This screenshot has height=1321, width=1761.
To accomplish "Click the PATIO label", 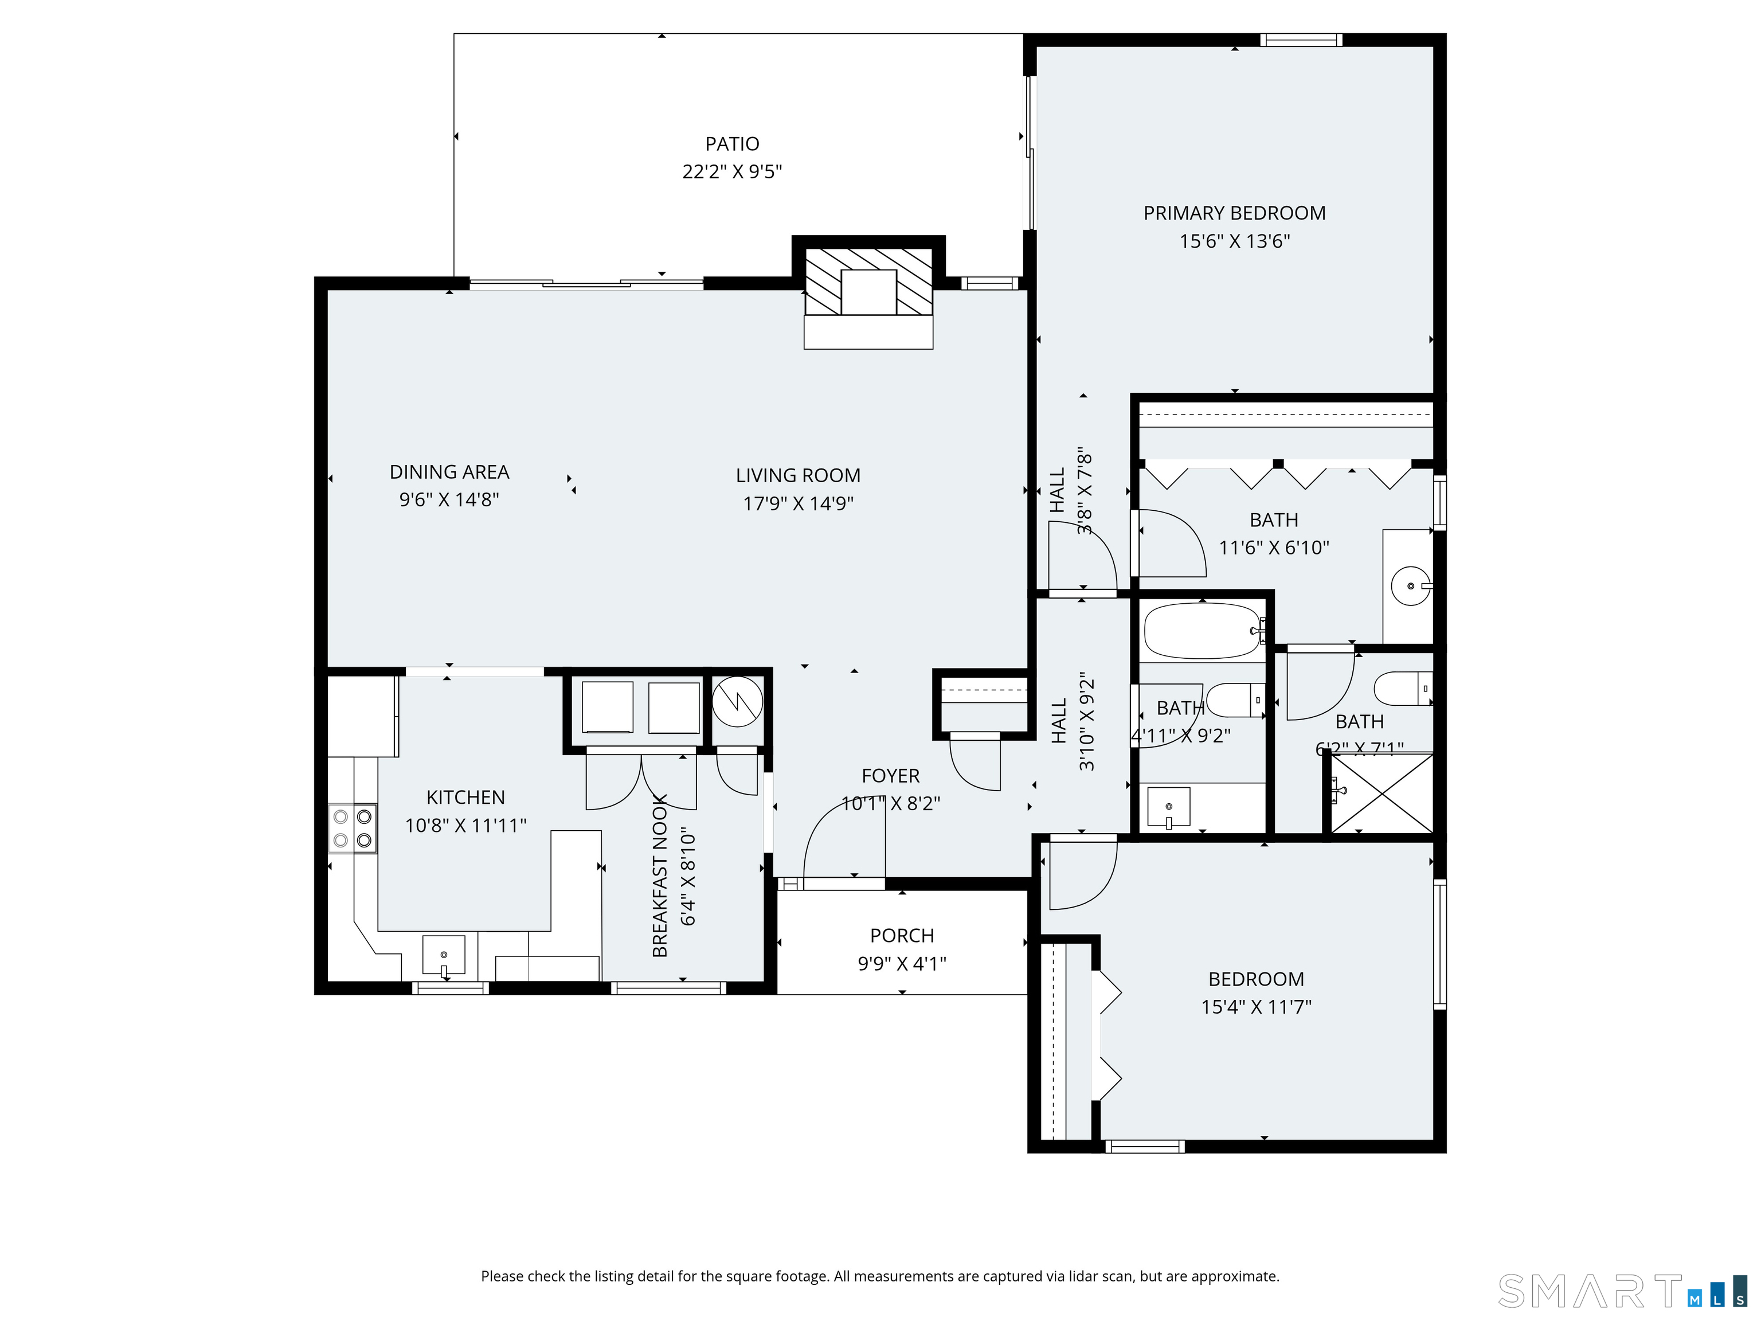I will [x=731, y=144].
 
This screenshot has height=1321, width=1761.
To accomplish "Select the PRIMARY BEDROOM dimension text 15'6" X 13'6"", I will [x=1234, y=240].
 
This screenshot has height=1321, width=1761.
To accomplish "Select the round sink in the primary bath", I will [x=1410, y=586].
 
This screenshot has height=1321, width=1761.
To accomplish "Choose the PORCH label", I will [x=901, y=936].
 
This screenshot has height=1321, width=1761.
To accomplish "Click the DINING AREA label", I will [x=449, y=472].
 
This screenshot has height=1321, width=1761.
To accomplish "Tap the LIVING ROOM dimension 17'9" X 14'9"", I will [x=798, y=503].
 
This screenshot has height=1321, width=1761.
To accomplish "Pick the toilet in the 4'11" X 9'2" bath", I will [x=1235, y=700].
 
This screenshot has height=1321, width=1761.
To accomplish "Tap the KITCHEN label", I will [x=465, y=797].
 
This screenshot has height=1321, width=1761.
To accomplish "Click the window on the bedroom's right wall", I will [x=1439, y=944].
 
